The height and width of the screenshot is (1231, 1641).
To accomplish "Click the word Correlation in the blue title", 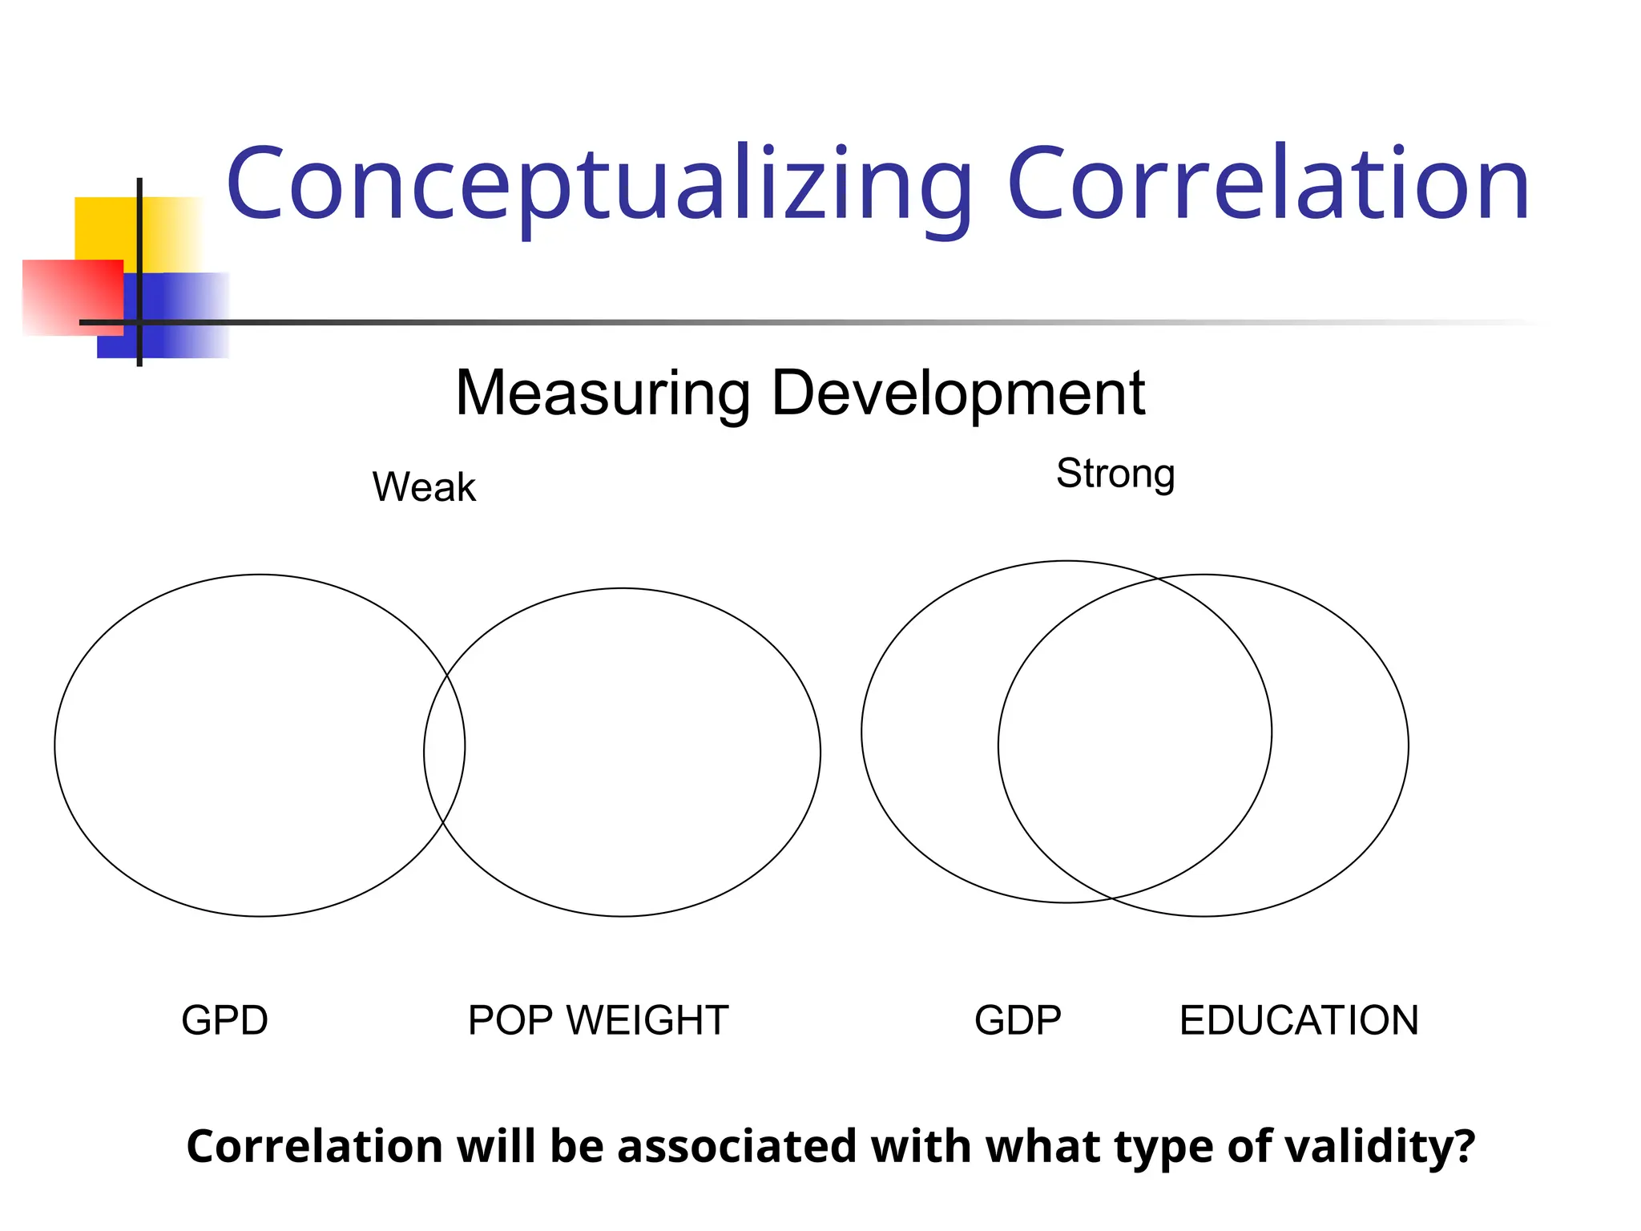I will tap(1268, 186).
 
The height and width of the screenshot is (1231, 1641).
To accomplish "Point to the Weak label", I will tap(424, 487).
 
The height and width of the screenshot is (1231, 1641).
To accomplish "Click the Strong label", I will tap(1115, 473).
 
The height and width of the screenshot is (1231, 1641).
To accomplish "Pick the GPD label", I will tap(224, 1020).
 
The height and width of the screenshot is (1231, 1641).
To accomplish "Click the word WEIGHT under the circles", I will tap(647, 1020).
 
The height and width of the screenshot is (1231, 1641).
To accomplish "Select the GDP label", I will tap(1018, 1020).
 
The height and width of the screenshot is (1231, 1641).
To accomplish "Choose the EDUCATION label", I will tap(1299, 1020).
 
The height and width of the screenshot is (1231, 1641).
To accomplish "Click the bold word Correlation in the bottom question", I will tap(314, 1147).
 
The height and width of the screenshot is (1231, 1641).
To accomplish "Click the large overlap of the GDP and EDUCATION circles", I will tap(1135, 737).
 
